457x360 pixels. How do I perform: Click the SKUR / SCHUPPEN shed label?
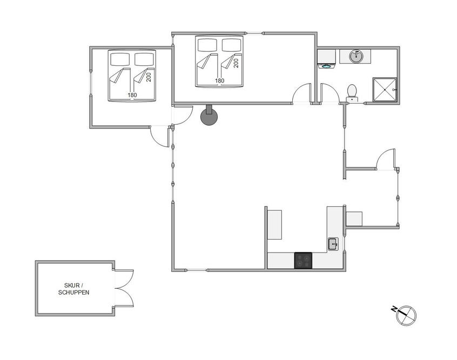(74, 289)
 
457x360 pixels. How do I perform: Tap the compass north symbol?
(406, 315)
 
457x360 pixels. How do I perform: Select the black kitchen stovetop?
(303, 260)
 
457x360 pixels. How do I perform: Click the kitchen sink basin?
(333, 244)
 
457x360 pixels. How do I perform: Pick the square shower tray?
(385, 90)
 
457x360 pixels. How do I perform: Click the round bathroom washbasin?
(356, 57)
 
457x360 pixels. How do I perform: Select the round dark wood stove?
(209, 116)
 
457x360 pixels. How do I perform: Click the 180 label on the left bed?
(132, 95)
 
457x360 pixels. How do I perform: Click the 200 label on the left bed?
(149, 77)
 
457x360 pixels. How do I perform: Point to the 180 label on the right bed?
(219, 80)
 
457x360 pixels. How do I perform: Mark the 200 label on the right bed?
(236, 63)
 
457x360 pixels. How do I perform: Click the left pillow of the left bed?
(120, 59)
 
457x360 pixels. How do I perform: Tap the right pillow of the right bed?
(232, 45)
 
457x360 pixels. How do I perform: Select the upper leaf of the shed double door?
(124, 279)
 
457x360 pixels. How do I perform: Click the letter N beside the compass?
(394, 309)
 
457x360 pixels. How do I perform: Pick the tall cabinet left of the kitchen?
(274, 225)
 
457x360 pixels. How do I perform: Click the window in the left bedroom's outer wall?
(91, 83)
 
